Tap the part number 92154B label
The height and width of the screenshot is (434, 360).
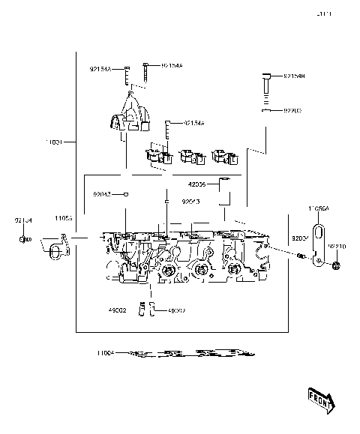(293, 76)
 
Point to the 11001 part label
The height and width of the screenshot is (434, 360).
(55, 141)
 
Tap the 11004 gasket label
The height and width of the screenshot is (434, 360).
(105, 352)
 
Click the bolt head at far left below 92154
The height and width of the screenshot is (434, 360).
(24, 239)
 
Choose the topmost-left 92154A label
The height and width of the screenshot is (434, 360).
(100, 70)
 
